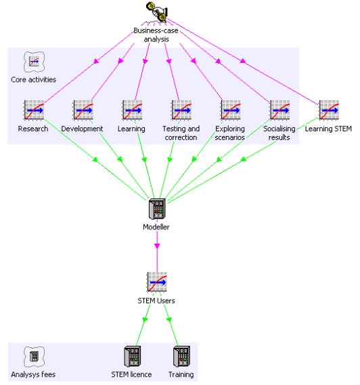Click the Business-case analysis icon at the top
[x=157, y=12]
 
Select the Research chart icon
[x=34, y=110]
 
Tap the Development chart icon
[x=83, y=110]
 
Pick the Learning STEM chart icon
[x=329, y=110]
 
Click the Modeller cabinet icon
[x=157, y=209]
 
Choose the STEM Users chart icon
[x=157, y=282]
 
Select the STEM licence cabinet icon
[x=133, y=357]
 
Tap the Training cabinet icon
[x=182, y=357]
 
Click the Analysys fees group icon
[x=34, y=357]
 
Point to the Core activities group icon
[x=34, y=62]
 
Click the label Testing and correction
[x=181, y=133]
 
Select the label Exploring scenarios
[x=230, y=133]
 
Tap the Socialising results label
[x=279, y=133]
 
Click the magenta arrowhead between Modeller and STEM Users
[x=157, y=246]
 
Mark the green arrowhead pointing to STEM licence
[x=145, y=319]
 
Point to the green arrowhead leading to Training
[x=169, y=319]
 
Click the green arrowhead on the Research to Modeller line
[x=95, y=160]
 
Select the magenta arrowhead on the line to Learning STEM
[x=243, y=61]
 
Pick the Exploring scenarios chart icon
[x=231, y=110]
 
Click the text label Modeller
[x=156, y=227]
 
